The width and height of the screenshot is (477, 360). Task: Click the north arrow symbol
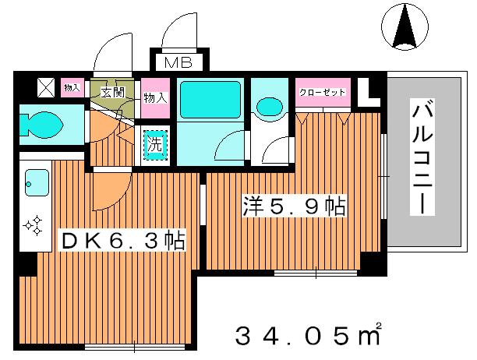click(x=406, y=26)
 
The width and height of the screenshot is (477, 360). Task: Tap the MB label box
click(x=177, y=62)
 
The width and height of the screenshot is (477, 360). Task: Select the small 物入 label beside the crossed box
click(x=72, y=87)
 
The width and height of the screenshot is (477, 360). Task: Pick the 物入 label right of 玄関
click(x=155, y=98)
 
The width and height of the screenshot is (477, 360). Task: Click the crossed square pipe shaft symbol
click(x=45, y=87)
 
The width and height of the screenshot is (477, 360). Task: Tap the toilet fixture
click(x=43, y=122)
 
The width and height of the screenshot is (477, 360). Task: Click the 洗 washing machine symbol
click(x=155, y=143)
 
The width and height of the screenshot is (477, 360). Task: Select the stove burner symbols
click(x=33, y=226)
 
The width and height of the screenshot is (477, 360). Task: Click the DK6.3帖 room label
click(x=122, y=241)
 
